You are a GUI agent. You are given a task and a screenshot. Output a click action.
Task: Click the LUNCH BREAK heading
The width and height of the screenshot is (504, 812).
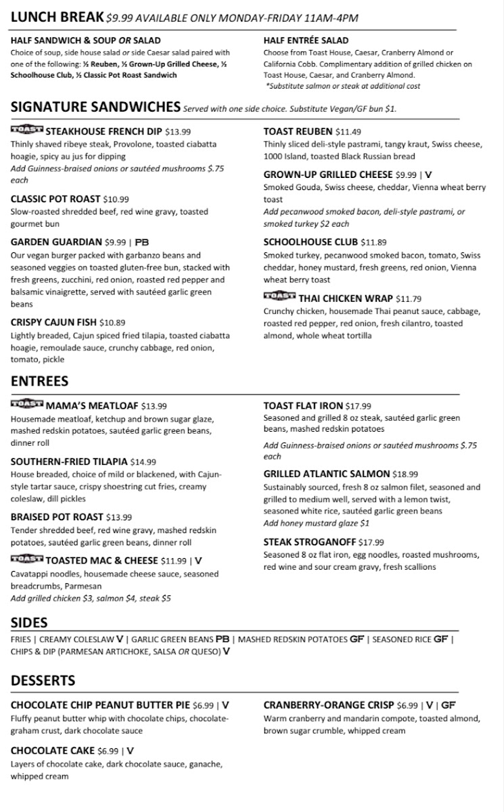tap(58, 17)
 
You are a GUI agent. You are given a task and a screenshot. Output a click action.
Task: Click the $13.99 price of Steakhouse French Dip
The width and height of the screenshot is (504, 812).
tap(178, 132)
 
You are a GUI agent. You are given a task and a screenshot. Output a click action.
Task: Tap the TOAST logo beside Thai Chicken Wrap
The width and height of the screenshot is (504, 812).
tap(279, 296)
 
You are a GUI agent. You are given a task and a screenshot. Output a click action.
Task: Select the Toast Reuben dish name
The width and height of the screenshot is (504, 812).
tap(298, 131)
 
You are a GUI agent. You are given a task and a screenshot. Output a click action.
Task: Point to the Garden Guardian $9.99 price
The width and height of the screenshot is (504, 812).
tap(115, 242)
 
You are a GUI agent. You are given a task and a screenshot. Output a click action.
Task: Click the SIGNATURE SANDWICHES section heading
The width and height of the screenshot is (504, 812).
tap(95, 107)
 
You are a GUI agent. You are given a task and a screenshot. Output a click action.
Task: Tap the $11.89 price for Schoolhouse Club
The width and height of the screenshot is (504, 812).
tap(373, 242)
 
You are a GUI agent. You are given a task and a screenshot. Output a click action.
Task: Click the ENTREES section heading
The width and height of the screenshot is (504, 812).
tap(40, 380)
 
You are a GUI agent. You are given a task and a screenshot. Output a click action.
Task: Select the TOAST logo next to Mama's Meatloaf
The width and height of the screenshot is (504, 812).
tap(26, 405)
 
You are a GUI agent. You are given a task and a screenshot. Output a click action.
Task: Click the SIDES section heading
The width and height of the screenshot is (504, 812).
tap(29, 622)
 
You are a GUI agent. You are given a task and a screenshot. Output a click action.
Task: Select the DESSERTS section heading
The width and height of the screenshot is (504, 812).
tap(43, 680)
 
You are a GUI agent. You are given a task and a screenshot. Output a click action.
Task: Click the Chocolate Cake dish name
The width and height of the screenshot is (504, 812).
tap(52, 750)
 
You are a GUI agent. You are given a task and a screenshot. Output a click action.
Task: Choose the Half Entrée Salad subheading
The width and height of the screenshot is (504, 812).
tap(306, 41)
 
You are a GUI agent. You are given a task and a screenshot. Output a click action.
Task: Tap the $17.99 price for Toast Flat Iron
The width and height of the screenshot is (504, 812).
tap(359, 406)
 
